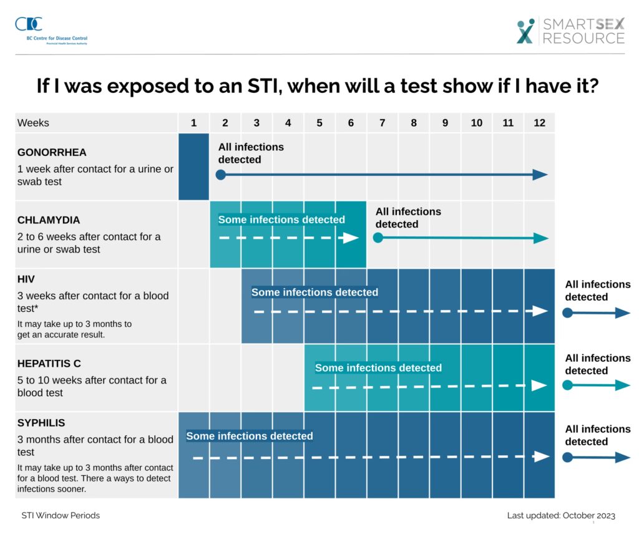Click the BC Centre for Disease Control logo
coord(29,25)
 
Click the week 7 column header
coord(382,123)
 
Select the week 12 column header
coord(539,123)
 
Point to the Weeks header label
coord(33,123)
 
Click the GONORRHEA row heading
coord(52,152)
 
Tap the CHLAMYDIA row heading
coord(49,220)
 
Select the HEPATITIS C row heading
coord(49,364)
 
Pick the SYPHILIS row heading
coord(41,423)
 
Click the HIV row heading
coord(25,279)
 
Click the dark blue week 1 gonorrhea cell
coord(194,167)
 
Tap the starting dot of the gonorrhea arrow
coord(220,175)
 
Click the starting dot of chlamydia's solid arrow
coord(378,238)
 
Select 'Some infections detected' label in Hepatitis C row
coord(378,368)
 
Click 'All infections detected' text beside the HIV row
coord(597,291)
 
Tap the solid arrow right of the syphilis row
coord(597,457)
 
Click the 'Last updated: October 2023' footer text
coord(561,516)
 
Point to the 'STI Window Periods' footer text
coord(61,516)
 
